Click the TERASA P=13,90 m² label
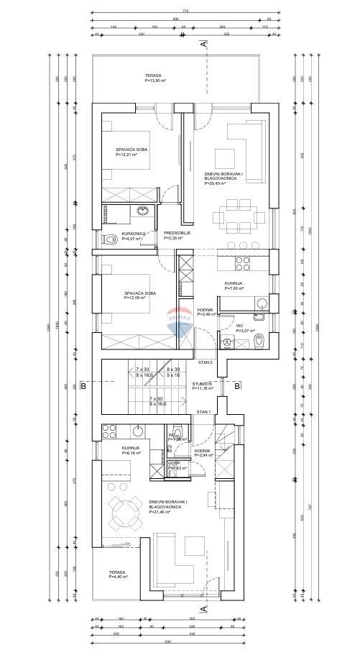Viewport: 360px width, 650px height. coord(152,78)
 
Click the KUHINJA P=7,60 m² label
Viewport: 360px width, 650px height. coord(234,286)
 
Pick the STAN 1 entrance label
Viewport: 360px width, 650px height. coord(203,412)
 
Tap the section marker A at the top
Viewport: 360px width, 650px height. coord(204,45)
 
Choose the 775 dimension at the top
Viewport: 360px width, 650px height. coord(185,12)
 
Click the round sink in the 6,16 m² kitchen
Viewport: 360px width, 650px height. coord(137,431)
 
